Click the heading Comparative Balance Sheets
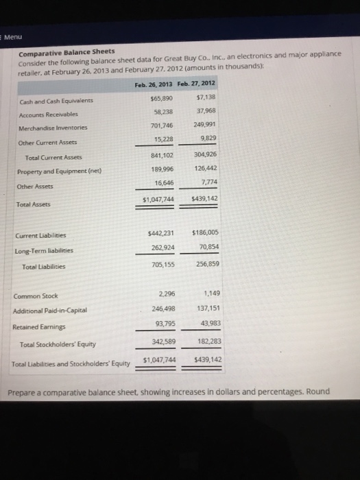click(x=67, y=52)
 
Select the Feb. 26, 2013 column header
click(x=154, y=84)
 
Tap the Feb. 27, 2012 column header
click(x=196, y=84)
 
